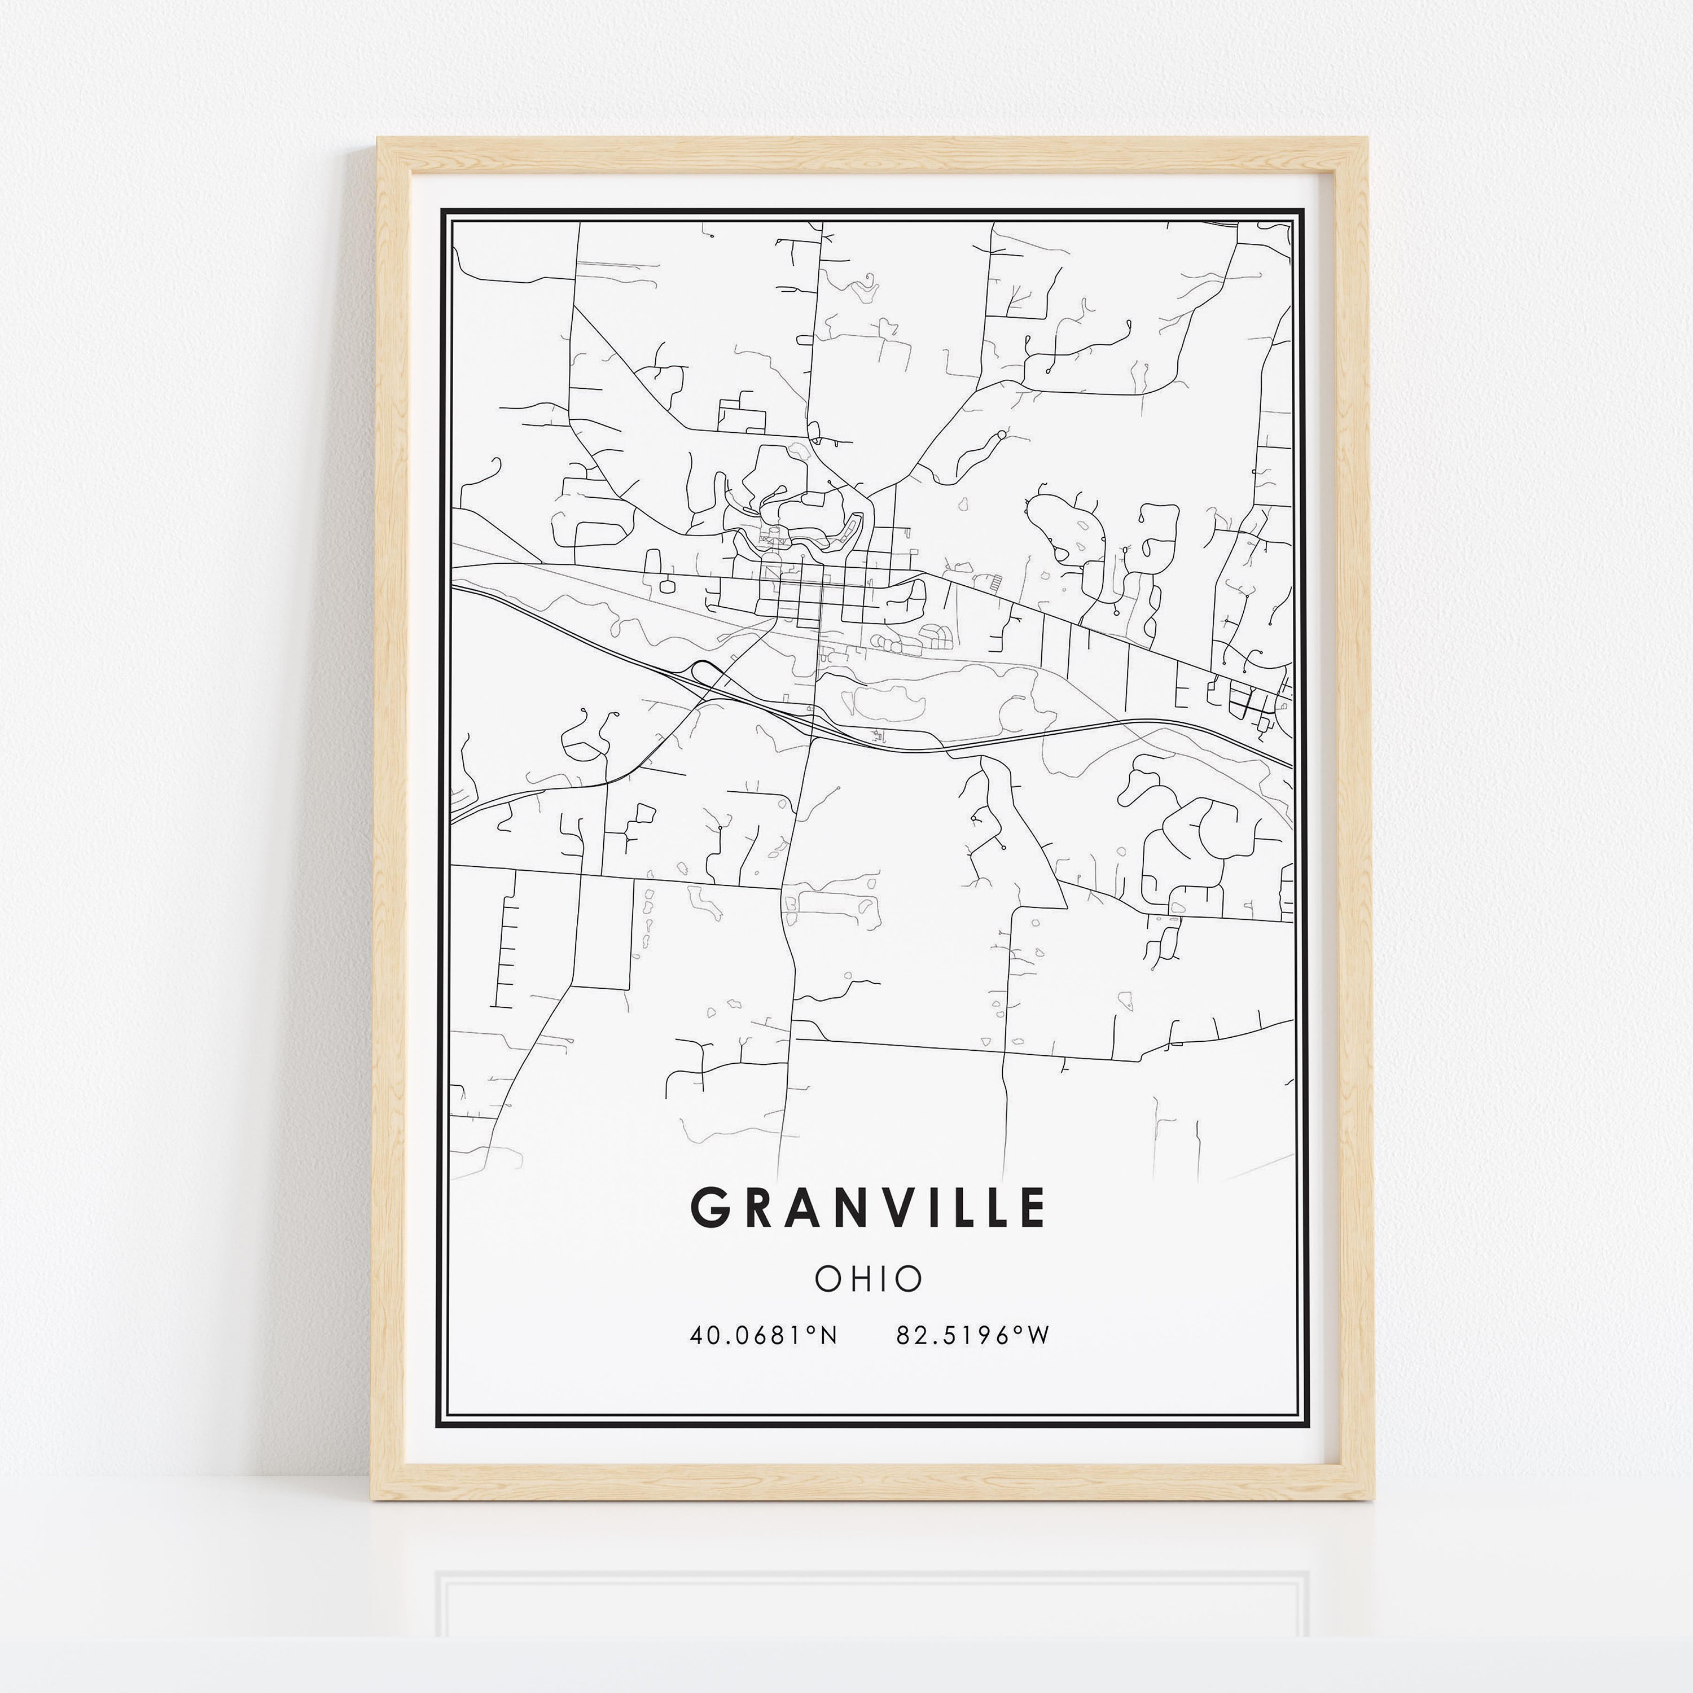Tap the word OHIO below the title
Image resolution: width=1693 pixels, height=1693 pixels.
[x=869, y=1279]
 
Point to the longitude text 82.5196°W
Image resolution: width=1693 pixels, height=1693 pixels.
[x=973, y=1335]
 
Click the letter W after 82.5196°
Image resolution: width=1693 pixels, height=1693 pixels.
[x=1038, y=1335]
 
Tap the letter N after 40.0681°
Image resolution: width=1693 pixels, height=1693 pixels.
[x=828, y=1335]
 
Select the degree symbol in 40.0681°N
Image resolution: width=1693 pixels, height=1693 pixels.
[x=812, y=1330]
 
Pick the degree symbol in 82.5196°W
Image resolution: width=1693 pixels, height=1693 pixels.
[x=1019, y=1330]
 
